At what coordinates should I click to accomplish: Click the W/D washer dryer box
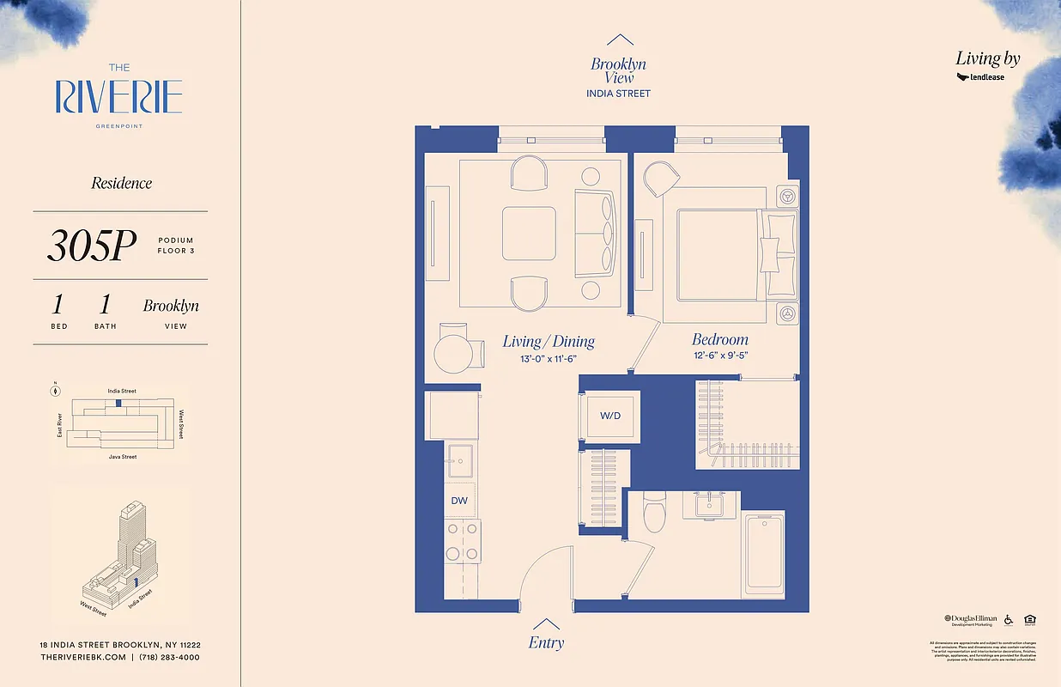click(x=610, y=416)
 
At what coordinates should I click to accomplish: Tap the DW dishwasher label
click(x=458, y=499)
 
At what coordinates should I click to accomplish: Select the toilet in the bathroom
click(x=654, y=512)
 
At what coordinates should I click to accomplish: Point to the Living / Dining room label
click(x=549, y=342)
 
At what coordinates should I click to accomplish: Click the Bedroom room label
click(x=720, y=339)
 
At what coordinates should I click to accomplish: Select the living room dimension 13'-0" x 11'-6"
click(x=549, y=358)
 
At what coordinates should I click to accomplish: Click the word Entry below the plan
click(x=547, y=643)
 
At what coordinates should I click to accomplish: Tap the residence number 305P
click(x=92, y=246)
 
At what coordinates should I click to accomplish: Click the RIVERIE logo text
click(x=119, y=97)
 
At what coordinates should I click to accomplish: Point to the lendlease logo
click(x=980, y=77)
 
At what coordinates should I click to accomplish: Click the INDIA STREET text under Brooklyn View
click(x=618, y=94)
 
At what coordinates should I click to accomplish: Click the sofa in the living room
click(x=596, y=231)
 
